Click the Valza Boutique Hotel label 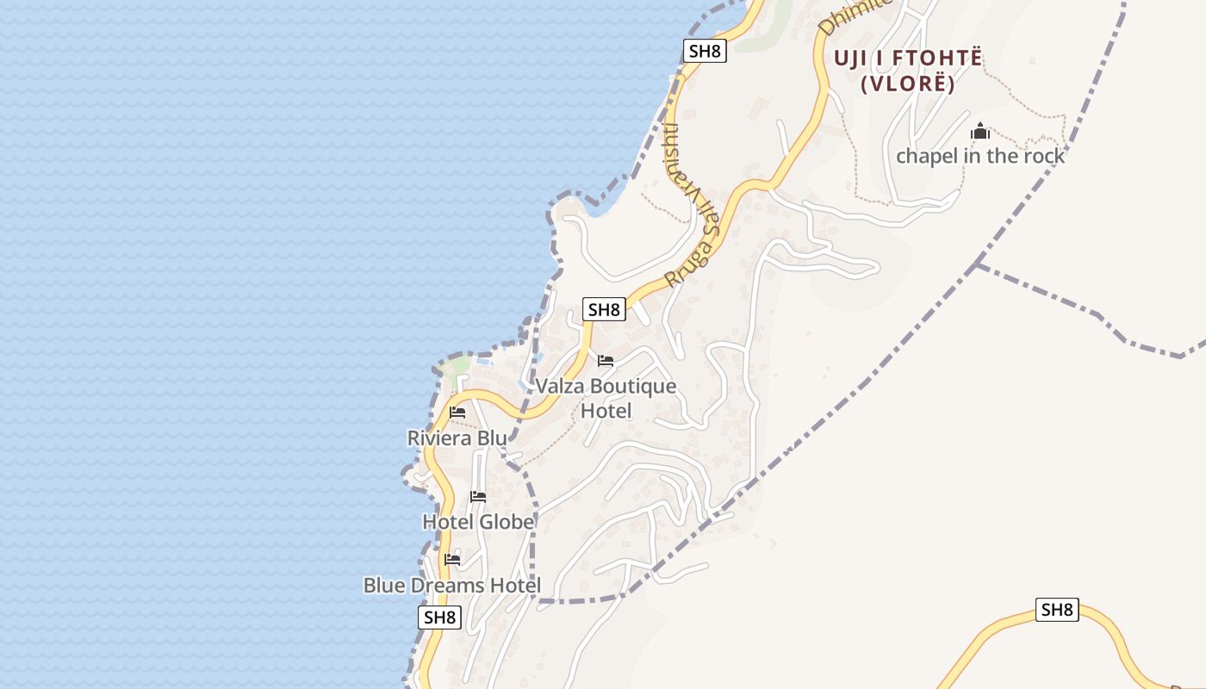click(606, 398)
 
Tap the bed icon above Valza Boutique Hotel click(606, 361)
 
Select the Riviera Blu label click(457, 438)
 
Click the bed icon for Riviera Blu click(457, 413)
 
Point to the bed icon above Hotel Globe click(478, 497)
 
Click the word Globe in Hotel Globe click(507, 522)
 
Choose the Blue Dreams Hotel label click(451, 586)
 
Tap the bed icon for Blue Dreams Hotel click(452, 560)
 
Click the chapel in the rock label click(980, 157)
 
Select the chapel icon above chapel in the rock click(980, 132)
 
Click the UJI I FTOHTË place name click(908, 59)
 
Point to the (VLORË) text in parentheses click(908, 84)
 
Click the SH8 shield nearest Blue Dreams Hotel click(440, 618)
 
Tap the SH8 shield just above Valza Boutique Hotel click(604, 310)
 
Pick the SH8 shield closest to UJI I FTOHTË click(705, 51)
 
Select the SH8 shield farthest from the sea click(1057, 610)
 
